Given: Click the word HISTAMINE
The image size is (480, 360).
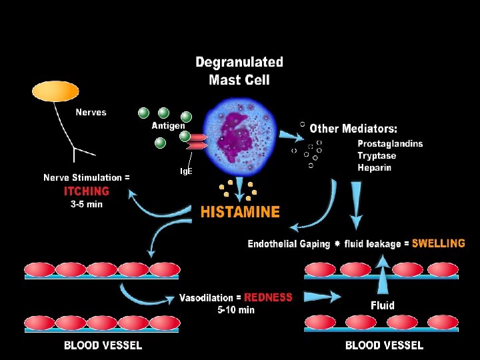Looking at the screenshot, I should [240, 212].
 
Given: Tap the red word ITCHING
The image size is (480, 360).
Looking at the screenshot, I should [87, 191].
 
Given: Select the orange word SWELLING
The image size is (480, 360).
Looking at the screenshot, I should [438, 243].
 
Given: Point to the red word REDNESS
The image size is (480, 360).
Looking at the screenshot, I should [268, 297].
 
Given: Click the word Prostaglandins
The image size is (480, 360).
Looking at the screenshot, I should [390, 143].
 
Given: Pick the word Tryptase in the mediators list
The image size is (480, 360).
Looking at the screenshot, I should [377, 155].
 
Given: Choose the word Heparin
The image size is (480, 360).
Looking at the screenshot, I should [374, 167].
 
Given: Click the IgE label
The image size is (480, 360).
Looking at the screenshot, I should [187, 171].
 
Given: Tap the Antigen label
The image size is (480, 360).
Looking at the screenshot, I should [168, 126].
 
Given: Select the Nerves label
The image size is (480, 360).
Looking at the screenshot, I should [91, 112].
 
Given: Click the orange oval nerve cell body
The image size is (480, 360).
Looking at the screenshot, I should [55, 91].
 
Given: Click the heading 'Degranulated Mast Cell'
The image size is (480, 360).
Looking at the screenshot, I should [239, 71].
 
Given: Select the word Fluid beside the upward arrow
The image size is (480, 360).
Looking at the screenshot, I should [383, 305].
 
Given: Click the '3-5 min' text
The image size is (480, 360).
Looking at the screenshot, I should [87, 205].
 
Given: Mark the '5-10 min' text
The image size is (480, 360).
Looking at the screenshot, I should [236, 309].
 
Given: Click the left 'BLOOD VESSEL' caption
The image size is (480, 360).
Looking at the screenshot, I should [103, 345].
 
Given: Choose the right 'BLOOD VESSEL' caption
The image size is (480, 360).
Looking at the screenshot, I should [384, 345].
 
